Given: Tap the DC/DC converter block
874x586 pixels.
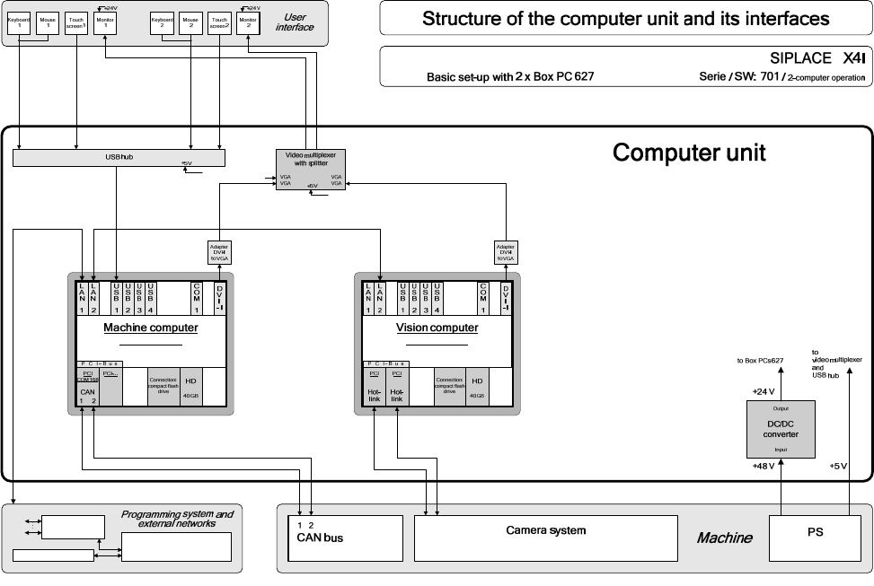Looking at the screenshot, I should [780, 429].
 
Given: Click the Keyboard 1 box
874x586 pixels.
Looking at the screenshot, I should [19, 22].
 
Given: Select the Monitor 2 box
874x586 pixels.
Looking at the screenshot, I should [248, 22].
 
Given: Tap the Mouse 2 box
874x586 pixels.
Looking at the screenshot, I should [190, 22].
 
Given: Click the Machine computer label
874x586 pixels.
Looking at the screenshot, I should [151, 328].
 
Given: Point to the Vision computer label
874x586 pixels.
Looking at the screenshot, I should [437, 328].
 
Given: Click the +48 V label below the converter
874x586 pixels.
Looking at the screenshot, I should [763, 468].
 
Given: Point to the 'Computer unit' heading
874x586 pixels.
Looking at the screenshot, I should [688, 153].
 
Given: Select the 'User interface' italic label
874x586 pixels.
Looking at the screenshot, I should [294, 22].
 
